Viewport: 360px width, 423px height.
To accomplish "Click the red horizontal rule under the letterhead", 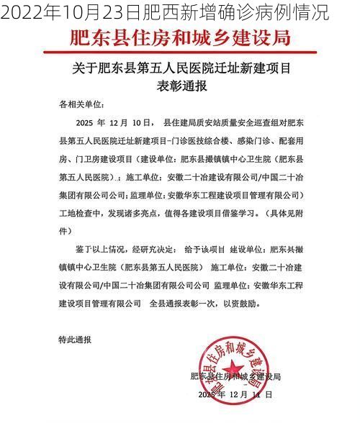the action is pyautogui.click(x=180, y=52).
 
